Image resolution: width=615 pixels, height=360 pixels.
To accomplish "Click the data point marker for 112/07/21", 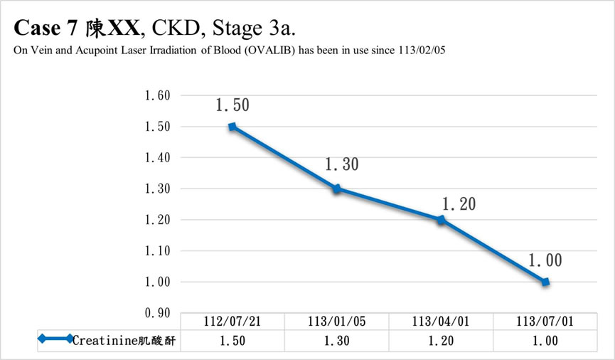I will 232,127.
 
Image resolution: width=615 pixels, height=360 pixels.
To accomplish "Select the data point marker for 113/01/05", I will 337,189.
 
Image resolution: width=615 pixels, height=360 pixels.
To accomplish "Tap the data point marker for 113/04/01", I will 441,220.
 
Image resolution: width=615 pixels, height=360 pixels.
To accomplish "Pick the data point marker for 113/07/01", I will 545,282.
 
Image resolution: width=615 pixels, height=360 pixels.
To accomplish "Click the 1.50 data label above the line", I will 232,106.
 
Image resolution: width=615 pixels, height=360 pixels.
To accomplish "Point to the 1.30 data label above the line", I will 341,165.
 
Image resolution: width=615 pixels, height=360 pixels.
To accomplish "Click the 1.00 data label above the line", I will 545,261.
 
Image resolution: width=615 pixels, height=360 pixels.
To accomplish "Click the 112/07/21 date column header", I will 232,322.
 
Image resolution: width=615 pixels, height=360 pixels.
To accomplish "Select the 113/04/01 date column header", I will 441,322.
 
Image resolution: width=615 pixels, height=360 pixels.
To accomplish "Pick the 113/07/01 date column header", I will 545,322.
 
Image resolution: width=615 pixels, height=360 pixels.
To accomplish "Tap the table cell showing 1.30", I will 337,341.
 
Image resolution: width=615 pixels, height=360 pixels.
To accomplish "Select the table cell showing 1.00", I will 545,341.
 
